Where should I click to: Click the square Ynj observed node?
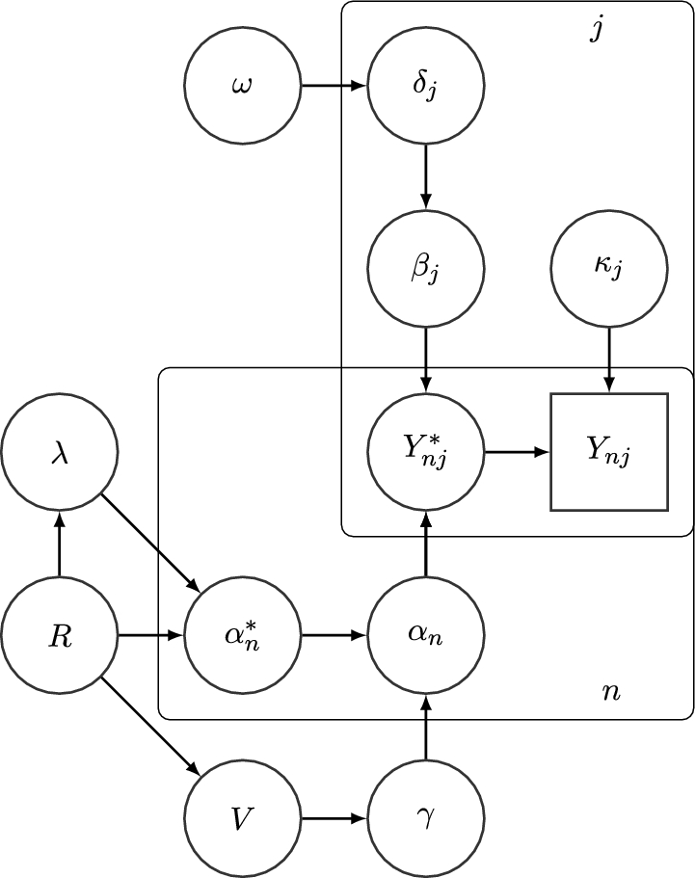(608, 452)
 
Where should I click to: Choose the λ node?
(60, 452)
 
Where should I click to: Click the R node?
(60, 636)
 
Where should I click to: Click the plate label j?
(598, 29)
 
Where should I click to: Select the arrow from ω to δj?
(334, 87)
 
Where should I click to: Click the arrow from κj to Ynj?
(608, 360)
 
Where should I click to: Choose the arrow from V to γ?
(334, 819)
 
